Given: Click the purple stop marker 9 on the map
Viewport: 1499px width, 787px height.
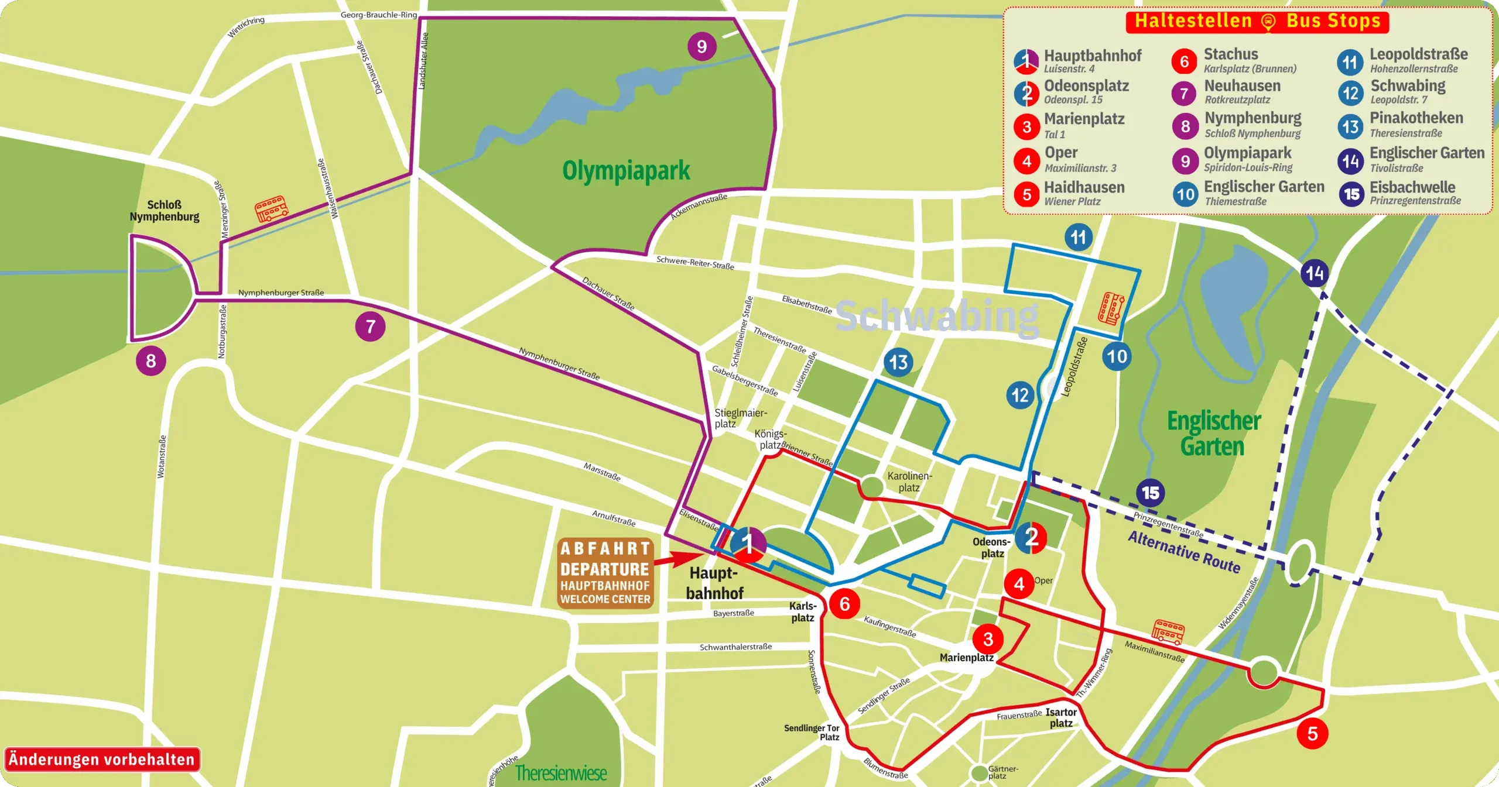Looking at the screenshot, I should (x=701, y=46).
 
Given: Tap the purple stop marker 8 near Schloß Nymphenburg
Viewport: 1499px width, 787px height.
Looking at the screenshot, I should (x=151, y=360).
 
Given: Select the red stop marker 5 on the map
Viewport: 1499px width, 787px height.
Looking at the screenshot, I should (x=1312, y=733).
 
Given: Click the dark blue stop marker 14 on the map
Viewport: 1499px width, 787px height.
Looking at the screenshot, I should (x=1315, y=273).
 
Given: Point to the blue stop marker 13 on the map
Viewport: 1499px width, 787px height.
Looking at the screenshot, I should (x=898, y=362).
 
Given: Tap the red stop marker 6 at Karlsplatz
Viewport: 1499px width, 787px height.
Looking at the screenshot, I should (x=844, y=604).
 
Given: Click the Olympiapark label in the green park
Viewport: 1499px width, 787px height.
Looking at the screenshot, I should (x=626, y=170).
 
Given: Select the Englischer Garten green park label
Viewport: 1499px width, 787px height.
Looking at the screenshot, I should (x=1213, y=433).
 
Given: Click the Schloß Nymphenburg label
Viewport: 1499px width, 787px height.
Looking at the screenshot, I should (x=165, y=211).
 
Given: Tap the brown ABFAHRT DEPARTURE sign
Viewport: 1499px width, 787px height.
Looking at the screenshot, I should (x=605, y=573).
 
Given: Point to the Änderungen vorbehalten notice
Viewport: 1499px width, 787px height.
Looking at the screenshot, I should (x=102, y=759).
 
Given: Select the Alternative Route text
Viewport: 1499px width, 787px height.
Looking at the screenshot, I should (x=1184, y=552).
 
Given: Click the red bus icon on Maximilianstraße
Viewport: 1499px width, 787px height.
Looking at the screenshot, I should (x=1168, y=632).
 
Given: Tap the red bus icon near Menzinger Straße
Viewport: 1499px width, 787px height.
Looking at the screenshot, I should (x=271, y=208).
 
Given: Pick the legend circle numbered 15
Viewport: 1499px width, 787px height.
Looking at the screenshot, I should (x=1351, y=194).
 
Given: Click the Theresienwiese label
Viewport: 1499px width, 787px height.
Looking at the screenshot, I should (x=560, y=773).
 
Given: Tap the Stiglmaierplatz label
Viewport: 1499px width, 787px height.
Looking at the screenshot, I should (x=740, y=418).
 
